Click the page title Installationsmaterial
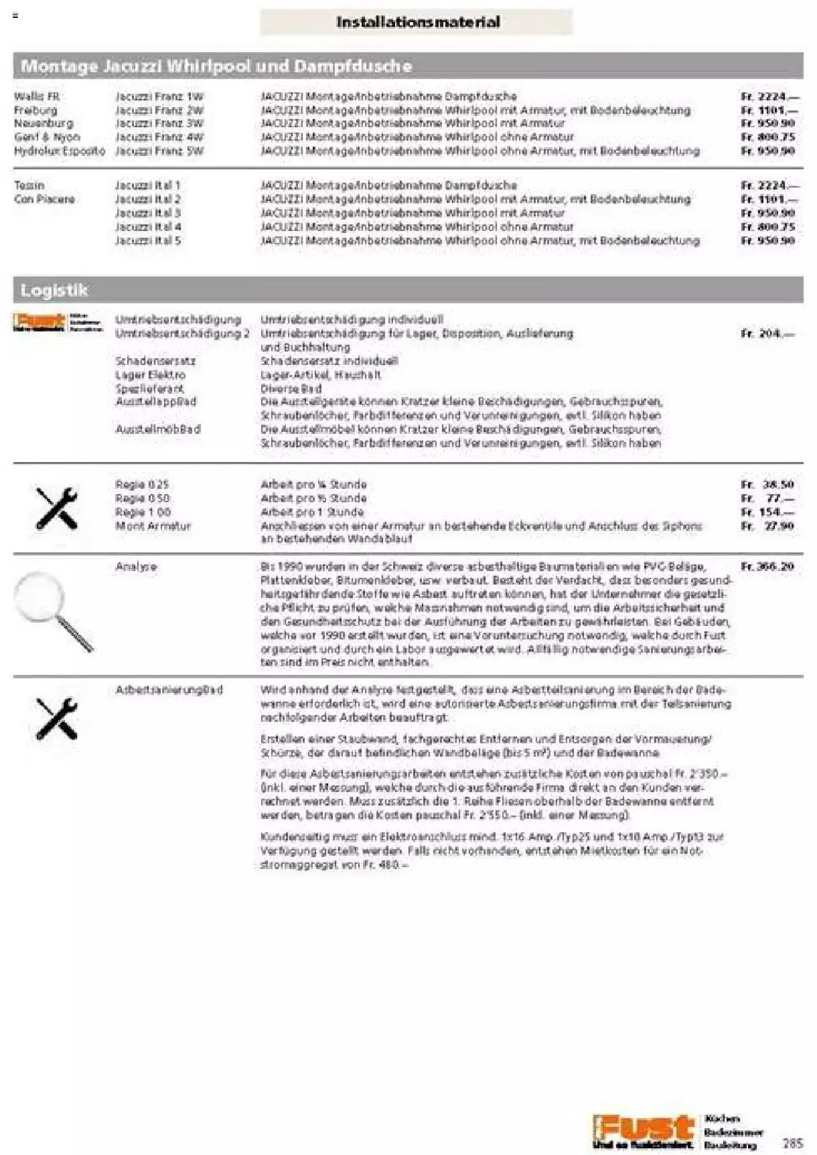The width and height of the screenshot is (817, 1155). click(417, 22)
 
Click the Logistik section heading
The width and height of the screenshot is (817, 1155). click(54, 290)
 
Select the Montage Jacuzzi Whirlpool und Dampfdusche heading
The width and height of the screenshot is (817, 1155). click(216, 66)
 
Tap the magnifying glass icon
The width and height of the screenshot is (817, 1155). click(54, 611)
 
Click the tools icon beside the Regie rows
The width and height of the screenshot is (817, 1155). click(56, 509)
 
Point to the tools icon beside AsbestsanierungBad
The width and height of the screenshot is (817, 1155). click(56, 718)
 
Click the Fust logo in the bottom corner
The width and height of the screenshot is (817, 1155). click(643, 1131)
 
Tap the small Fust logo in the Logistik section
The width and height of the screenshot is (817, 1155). click(57, 322)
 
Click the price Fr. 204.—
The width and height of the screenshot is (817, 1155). click(768, 334)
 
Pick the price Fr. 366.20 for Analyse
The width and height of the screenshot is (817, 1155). click(768, 567)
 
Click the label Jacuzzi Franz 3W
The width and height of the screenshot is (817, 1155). click(159, 124)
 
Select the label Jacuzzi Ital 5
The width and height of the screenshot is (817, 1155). click(148, 241)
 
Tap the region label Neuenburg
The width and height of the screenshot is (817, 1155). click(43, 124)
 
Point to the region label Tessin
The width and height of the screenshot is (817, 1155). click(29, 186)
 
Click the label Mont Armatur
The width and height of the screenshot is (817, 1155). click(153, 526)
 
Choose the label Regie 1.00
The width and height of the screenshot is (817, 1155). click(143, 512)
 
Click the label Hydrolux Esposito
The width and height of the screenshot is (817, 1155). click(59, 151)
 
